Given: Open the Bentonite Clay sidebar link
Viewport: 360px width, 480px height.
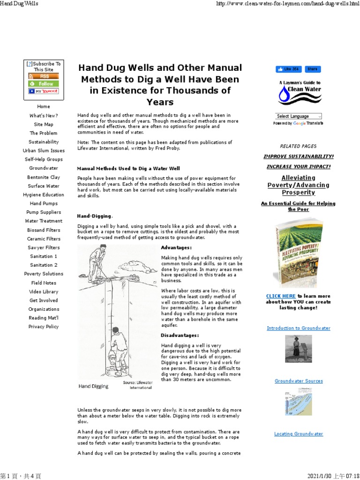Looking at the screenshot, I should click(x=43, y=177).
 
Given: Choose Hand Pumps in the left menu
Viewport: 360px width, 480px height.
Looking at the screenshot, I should click(x=43, y=203).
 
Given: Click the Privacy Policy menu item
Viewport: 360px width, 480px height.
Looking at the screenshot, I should click(x=43, y=327).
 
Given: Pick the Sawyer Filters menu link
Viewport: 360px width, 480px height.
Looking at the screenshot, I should click(x=43, y=247).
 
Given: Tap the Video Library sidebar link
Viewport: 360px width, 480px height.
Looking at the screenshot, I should click(x=43, y=292).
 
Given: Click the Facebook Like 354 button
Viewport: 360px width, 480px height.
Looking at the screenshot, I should click(x=288, y=69).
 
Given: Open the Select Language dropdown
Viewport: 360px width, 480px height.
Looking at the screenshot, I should click(x=298, y=116).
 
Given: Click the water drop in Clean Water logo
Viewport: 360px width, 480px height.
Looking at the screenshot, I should click(x=284, y=96).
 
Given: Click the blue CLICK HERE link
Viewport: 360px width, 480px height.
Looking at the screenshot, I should click(x=281, y=296).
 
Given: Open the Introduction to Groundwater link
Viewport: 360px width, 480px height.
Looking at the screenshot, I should click(x=298, y=328).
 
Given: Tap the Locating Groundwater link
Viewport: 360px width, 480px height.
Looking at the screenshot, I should click(x=298, y=434).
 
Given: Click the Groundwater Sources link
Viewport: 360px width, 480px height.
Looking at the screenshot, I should click(x=298, y=381).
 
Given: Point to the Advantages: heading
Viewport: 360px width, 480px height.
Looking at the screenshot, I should click(x=176, y=247).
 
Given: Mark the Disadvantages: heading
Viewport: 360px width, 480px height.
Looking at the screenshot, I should click(x=180, y=336).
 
